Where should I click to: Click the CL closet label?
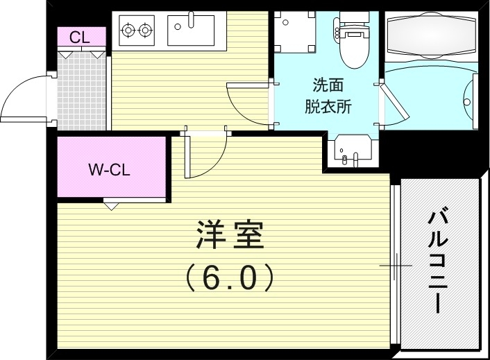click(x=80, y=37)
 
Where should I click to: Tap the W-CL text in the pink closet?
click(x=110, y=169)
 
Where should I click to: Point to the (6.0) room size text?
click(x=230, y=278)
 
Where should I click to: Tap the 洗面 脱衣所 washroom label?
click(x=328, y=96)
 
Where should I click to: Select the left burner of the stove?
click(x=128, y=30)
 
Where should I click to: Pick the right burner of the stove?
click(x=145, y=30)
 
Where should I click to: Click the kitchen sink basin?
click(x=191, y=31)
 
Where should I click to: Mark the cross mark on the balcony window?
click(x=396, y=265)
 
